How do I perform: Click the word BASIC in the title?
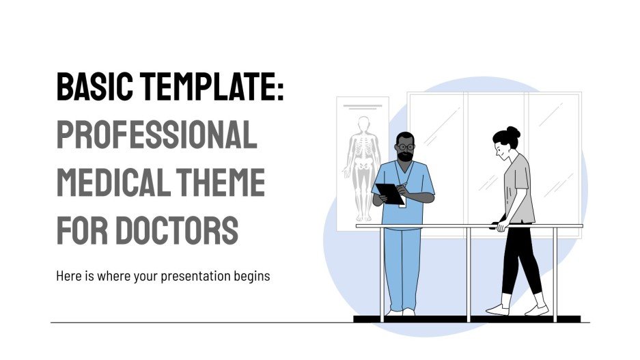coord(96,87)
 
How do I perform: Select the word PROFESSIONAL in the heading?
coord(156,135)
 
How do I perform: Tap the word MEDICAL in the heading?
coord(108,182)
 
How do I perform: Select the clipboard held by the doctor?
coord(389,193)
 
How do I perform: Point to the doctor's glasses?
coord(406,146)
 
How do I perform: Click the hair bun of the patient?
coord(513,132)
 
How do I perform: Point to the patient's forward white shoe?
coord(497,309)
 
